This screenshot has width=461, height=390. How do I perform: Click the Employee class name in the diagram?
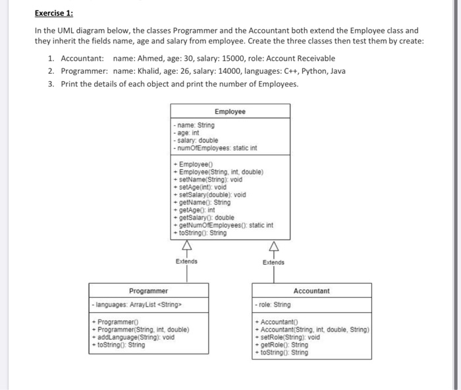(x=230, y=111)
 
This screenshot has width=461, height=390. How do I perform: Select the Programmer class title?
(x=148, y=291)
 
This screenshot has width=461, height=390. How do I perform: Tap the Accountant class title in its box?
(x=312, y=291)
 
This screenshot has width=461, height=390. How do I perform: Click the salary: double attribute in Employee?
(x=195, y=140)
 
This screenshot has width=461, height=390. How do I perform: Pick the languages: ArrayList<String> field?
(x=140, y=305)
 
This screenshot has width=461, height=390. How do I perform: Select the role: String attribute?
(x=273, y=305)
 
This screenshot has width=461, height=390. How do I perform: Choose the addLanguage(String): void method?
(x=136, y=337)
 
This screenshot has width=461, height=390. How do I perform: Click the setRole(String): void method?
(x=290, y=337)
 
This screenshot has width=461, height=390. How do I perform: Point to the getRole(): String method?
(x=284, y=345)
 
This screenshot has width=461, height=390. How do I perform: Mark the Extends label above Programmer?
(x=187, y=262)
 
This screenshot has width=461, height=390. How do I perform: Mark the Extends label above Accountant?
(x=273, y=262)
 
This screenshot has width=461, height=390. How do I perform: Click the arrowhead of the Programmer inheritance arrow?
(x=187, y=248)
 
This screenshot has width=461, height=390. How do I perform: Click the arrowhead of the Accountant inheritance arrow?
(x=273, y=248)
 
